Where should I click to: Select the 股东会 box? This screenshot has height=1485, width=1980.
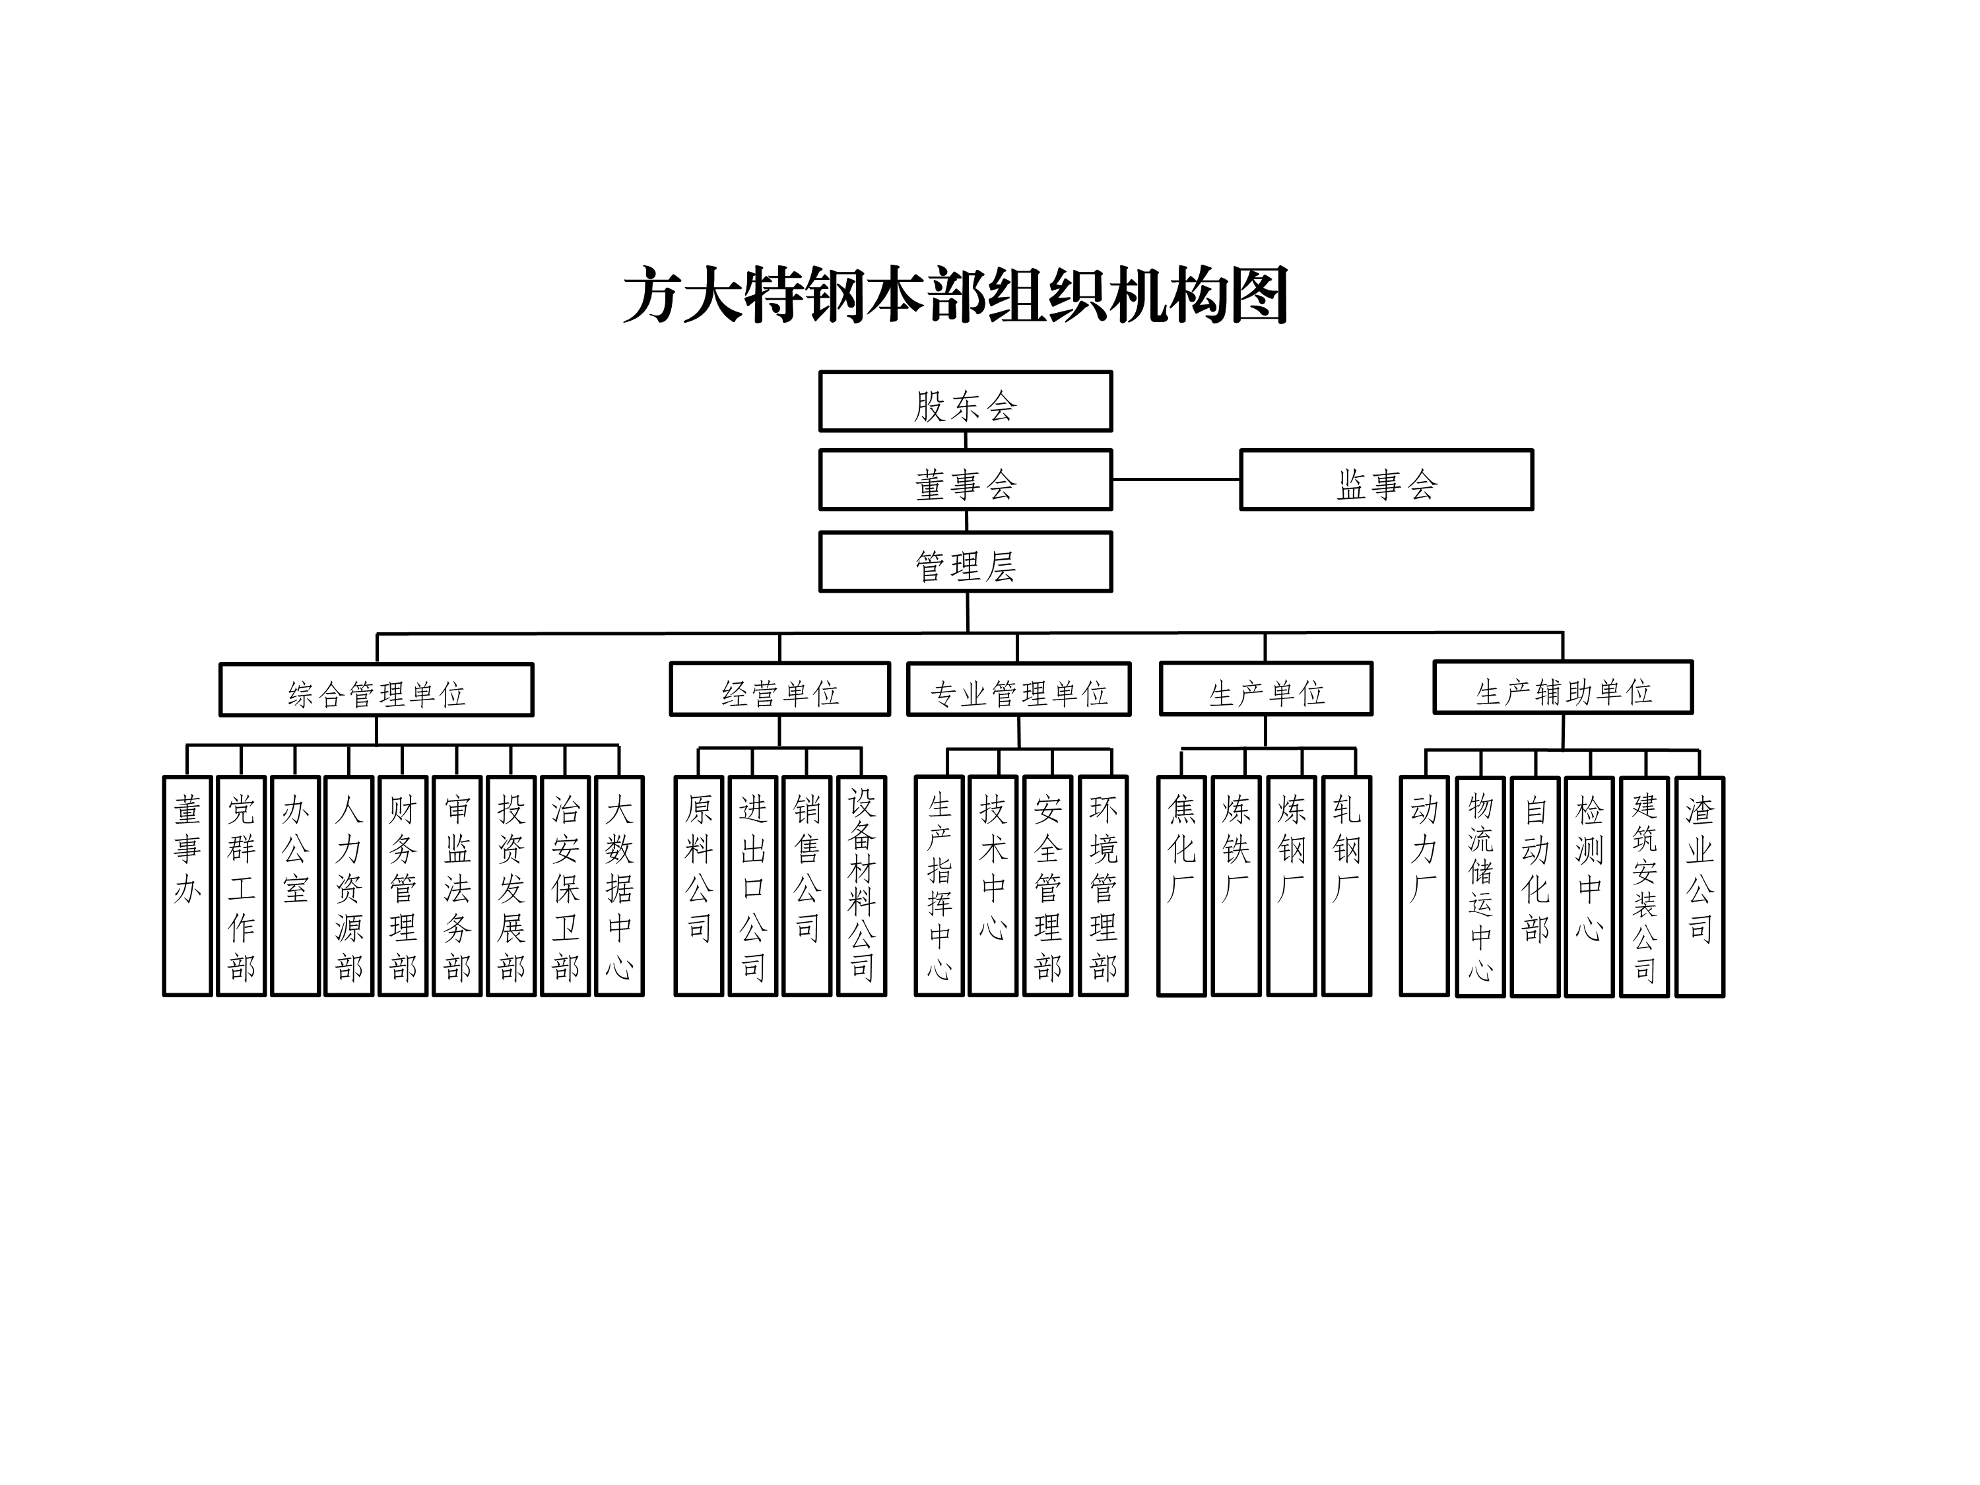coord(965,402)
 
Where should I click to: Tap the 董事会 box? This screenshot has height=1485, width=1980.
coord(965,480)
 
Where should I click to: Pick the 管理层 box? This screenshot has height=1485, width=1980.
coord(965,562)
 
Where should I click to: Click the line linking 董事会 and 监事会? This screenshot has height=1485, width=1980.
coord(1175,480)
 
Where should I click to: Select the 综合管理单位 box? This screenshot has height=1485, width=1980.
coord(376,690)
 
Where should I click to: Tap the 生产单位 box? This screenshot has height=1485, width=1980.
coord(1266,689)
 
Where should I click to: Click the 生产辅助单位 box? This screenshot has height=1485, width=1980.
coord(1563,688)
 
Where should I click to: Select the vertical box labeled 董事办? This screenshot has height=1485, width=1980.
coord(187,886)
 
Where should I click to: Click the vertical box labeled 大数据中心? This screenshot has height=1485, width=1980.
coord(620,886)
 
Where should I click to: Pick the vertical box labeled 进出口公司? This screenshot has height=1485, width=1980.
coord(753,886)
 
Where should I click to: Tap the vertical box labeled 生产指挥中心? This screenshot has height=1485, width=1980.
coord(939,886)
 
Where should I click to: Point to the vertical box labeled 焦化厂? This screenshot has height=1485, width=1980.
coord(1181,886)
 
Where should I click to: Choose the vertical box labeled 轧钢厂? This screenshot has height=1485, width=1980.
coord(1346,886)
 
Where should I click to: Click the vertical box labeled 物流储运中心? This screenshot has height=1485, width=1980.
coord(1480,886)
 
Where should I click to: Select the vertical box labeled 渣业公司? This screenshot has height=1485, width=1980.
coord(1699,886)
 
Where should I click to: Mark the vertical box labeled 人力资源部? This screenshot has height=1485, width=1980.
coord(349,886)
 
